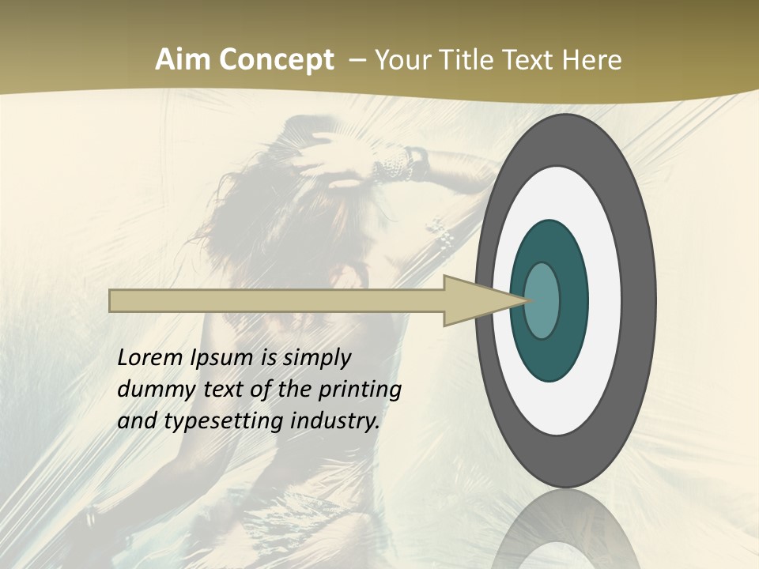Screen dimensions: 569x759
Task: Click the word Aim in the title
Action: [183, 60]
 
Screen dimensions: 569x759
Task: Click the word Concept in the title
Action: [277, 60]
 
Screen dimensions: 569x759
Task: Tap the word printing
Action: [360, 390]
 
